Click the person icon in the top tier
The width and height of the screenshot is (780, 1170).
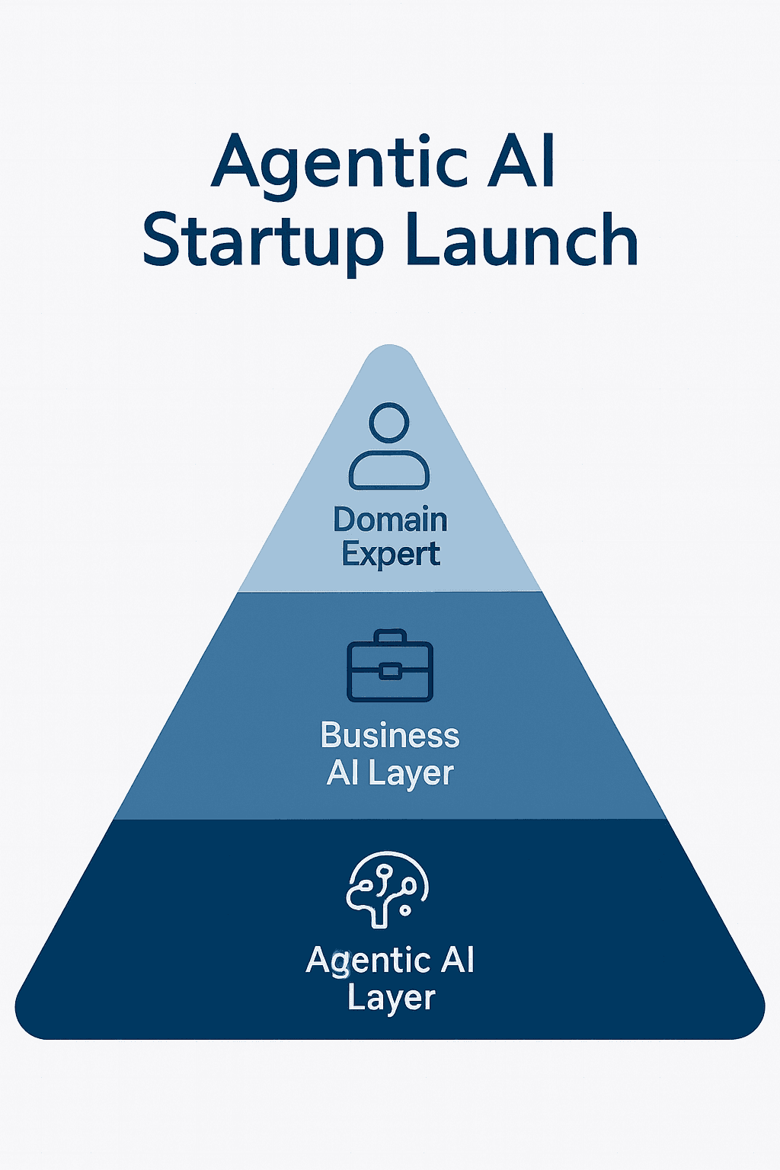point(389,446)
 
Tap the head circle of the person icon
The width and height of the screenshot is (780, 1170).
point(389,421)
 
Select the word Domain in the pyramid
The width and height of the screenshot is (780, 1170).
point(390,520)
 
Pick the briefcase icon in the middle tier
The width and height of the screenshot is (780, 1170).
point(390,667)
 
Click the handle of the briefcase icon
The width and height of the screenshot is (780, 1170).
point(390,636)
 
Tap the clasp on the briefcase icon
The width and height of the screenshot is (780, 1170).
point(390,671)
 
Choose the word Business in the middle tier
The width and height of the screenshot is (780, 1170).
point(390,736)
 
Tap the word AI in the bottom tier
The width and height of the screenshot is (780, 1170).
point(458,960)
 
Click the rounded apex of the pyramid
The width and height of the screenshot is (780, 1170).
point(390,352)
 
